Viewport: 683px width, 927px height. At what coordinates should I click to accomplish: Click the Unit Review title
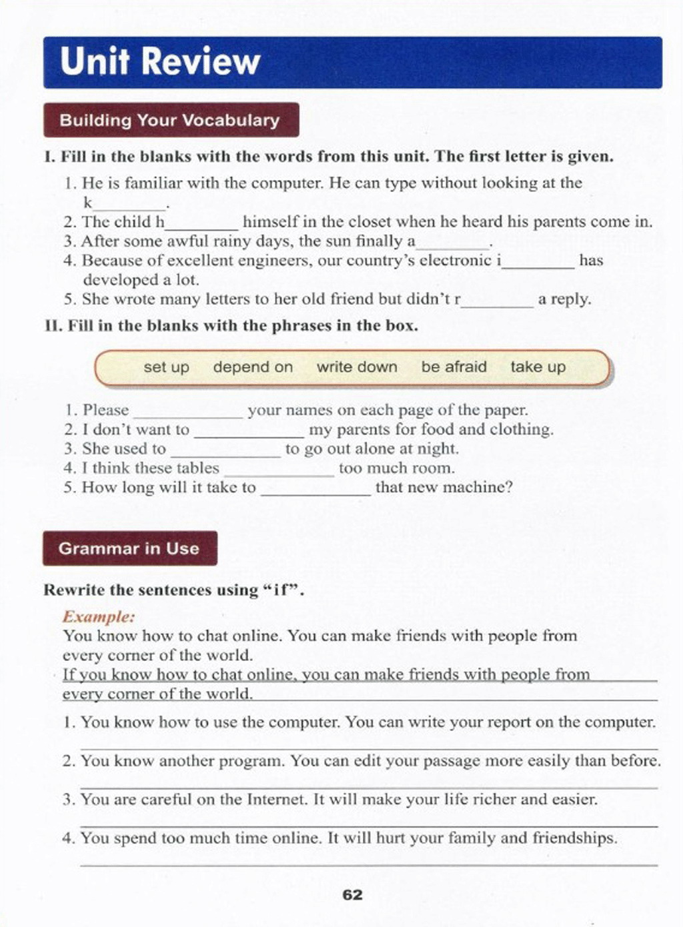(x=160, y=62)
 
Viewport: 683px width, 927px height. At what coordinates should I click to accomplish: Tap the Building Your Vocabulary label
(x=169, y=121)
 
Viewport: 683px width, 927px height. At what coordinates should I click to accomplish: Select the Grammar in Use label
(x=129, y=549)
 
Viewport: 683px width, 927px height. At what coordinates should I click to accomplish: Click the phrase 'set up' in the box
(x=166, y=367)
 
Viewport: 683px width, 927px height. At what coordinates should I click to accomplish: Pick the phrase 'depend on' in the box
(x=253, y=367)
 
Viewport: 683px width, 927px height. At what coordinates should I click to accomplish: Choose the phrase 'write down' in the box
(x=357, y=367)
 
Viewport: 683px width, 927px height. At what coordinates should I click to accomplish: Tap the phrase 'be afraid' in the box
(x=454, y=367)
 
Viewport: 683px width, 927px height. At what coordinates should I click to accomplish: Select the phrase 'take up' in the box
(x=538, y=367)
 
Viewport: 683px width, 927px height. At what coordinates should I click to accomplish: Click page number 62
(x=352, y=895)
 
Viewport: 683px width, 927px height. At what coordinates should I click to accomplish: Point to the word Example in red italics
(x=99, y=616)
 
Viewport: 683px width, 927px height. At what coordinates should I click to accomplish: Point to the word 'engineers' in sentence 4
(x=276, y=261)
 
